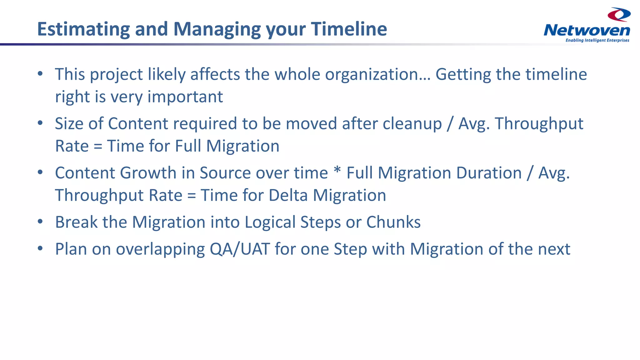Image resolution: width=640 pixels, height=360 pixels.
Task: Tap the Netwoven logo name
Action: click(x=587, y=31)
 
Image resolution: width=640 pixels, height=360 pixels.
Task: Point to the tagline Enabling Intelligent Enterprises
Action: click(x=597, y=40)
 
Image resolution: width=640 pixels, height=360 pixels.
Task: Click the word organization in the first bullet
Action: click(x=375, y=75)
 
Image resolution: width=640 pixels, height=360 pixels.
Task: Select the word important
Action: click(x=185, y=97)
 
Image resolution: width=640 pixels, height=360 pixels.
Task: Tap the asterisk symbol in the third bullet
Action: click(x=337, y=171)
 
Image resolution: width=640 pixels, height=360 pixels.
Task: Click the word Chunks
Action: click(x=393, y=222)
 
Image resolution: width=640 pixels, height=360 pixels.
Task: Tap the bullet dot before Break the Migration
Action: click(x=40, y=222)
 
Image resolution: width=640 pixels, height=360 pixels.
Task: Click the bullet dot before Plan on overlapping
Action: click(x=40, y=248)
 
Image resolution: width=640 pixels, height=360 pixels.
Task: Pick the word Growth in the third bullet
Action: click(x=148, y=173)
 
